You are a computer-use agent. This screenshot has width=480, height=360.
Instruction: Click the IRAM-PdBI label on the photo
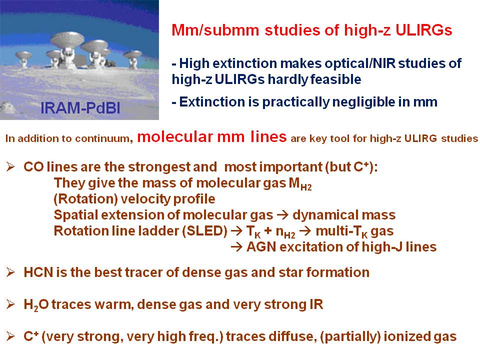(80, 108)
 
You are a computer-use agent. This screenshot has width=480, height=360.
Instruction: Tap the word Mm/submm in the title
(215, 30)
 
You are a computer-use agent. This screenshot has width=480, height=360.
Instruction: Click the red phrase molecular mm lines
(212, 136)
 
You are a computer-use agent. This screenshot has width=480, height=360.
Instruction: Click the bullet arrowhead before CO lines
(10, 167)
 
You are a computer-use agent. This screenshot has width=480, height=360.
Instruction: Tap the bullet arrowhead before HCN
(10, 272)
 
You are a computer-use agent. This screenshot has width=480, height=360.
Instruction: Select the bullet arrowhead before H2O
(10, 304)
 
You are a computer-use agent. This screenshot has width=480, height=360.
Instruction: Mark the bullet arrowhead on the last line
(10, 336)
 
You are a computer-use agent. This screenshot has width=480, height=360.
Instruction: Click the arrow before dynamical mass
(282, 215)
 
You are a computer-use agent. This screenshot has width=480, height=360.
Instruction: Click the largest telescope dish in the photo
(67, 40)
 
